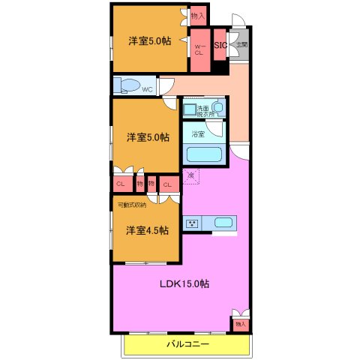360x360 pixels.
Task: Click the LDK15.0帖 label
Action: point(183,284)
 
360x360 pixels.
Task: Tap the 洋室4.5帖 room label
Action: point(146,229)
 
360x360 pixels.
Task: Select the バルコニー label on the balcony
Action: point(187,344)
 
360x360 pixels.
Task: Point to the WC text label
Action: point(148,89)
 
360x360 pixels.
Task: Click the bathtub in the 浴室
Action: point(203,156)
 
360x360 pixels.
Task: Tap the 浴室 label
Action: point(199,135)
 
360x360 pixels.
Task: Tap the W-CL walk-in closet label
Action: point(199,49)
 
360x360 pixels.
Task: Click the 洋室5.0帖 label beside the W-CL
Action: point(147,40)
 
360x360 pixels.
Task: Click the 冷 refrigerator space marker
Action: point(190,175)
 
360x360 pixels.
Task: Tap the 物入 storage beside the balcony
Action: point(241,323)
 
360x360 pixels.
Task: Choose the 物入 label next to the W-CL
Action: point(198,14)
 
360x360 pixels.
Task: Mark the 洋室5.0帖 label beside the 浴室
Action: point(147,137)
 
